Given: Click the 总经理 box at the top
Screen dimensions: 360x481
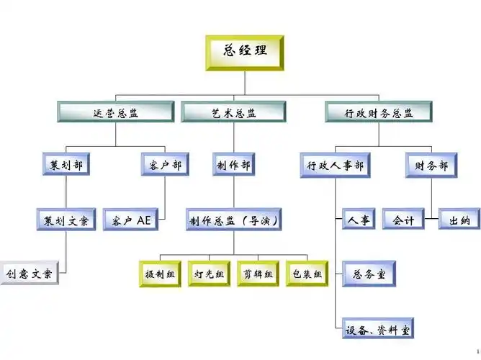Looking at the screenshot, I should pyautogui.click(x=245, y=51).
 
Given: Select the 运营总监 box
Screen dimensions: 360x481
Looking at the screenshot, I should pyautogui.click(x=115, y=112).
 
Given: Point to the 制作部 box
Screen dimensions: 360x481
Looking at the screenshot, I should pyautogui.click(x=233, y=166).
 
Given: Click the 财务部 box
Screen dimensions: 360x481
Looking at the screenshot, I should pyautogui.click(x=431, y=166).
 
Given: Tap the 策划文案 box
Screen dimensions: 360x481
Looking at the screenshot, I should pyautogui.click(x=66, y=220).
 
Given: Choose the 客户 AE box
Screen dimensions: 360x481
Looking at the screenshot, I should pyautogui.click(x=132, y=220).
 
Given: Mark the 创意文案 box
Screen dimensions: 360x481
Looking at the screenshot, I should pyautogui.click(x=29, y=274).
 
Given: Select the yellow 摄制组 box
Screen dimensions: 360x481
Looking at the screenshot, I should pyautogui.click(x=160, y=274).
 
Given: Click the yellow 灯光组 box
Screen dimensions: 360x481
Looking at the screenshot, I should pyautogui.click(x=209, y=274).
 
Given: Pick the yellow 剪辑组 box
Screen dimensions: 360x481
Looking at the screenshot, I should pyautogui.click(x=258, y=274).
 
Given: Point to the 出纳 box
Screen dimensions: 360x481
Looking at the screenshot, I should pyautogui.click(x=459, y=220).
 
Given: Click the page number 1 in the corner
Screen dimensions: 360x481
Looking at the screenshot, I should pyautogui.click(x=477, y=352).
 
